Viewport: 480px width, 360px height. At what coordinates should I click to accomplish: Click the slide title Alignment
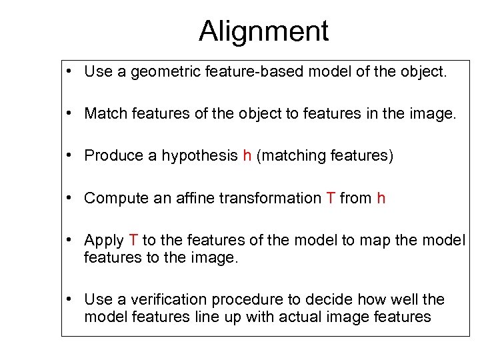tap(263, 31)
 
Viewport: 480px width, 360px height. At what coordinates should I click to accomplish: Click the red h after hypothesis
tap(247, 156)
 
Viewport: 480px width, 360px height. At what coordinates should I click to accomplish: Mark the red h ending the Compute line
tap(381, 198)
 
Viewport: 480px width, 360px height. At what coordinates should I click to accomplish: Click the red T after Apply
tap(133, 240)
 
